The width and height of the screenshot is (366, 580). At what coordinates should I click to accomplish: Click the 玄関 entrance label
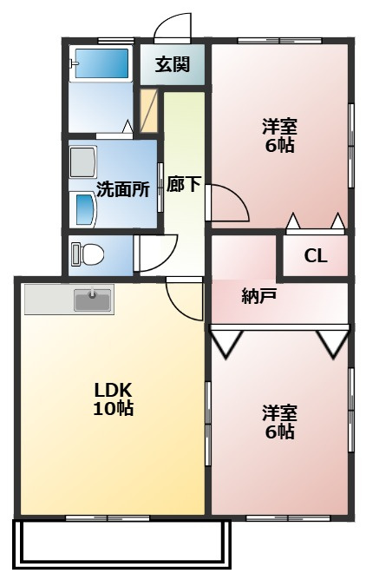point(172,64)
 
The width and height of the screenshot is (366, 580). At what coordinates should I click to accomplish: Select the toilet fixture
point(87,254)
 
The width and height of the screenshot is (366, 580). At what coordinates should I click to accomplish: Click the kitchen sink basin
point(92,300)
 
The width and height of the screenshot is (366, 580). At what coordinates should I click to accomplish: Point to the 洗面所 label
point(123,189)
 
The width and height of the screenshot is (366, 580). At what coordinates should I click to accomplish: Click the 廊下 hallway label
point(184,184)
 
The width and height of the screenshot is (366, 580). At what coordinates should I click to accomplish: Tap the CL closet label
point(316,255)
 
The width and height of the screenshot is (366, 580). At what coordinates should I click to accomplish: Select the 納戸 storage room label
point(259,296)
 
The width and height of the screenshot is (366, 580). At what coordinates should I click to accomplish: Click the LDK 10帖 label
point(113,399)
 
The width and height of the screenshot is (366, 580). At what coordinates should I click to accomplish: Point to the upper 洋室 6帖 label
point(279,135)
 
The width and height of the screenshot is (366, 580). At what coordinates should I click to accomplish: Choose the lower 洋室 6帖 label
point(279,422)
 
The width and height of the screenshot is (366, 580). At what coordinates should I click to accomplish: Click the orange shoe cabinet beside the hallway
point(149,110)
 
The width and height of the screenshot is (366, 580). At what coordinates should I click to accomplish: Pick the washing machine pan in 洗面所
point(83,162)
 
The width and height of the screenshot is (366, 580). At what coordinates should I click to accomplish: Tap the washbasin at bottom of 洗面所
point(83,209)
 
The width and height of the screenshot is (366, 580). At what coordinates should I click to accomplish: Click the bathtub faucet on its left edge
point(74,63)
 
